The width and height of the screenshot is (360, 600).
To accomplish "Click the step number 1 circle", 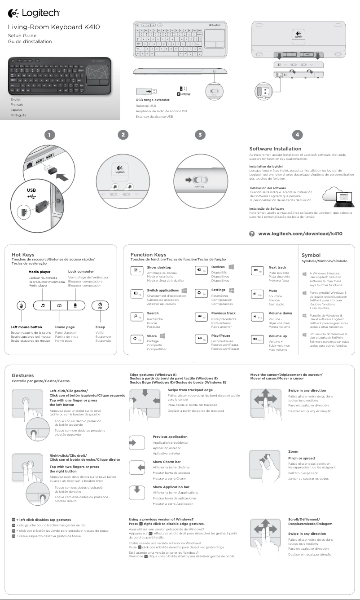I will tap(50, 134).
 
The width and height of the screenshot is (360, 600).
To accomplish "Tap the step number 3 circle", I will tap(202, 134).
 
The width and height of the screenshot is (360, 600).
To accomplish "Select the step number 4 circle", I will tap(297, 134).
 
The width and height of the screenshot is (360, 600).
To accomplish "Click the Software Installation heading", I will tap(275, 149).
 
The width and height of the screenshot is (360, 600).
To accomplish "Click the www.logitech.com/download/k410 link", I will tap(300, 234).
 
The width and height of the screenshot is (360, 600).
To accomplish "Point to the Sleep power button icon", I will tap(100, 305).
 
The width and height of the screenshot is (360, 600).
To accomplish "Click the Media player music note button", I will tap(43, 305).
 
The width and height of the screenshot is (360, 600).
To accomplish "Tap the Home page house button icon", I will tap(59, 305).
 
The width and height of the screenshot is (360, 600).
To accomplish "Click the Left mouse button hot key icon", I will tap(20, 305).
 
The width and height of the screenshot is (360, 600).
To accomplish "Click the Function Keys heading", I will tap(148, 255).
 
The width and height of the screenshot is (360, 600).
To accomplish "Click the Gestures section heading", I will tap(22, 375).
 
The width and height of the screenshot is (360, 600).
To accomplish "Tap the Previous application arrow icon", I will tap(136, 443).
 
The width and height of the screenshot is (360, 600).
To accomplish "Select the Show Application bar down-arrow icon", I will tap(136, 492).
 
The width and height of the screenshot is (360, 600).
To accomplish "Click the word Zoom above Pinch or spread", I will tap(293, 451).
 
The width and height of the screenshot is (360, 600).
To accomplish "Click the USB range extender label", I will tap(153, 100).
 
